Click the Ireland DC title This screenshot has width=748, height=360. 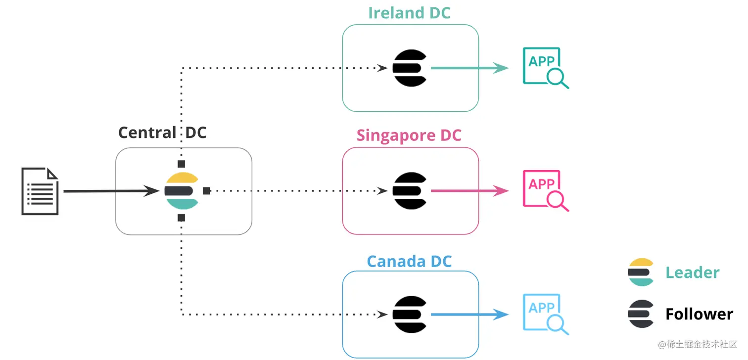409,13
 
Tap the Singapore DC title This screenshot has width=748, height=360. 409,135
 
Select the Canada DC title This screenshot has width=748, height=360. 409,261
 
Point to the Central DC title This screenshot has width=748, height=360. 162,133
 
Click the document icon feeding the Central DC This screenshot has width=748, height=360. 40,191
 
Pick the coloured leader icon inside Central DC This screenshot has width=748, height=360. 182,191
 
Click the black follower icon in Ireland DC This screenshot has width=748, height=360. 410,68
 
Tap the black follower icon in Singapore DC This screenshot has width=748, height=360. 410,191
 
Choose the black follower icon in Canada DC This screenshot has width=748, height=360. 410,315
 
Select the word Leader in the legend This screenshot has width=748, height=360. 692,272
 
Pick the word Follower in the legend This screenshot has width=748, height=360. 699,314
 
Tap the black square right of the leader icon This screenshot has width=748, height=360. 207,191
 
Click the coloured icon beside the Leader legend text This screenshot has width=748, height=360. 641,272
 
